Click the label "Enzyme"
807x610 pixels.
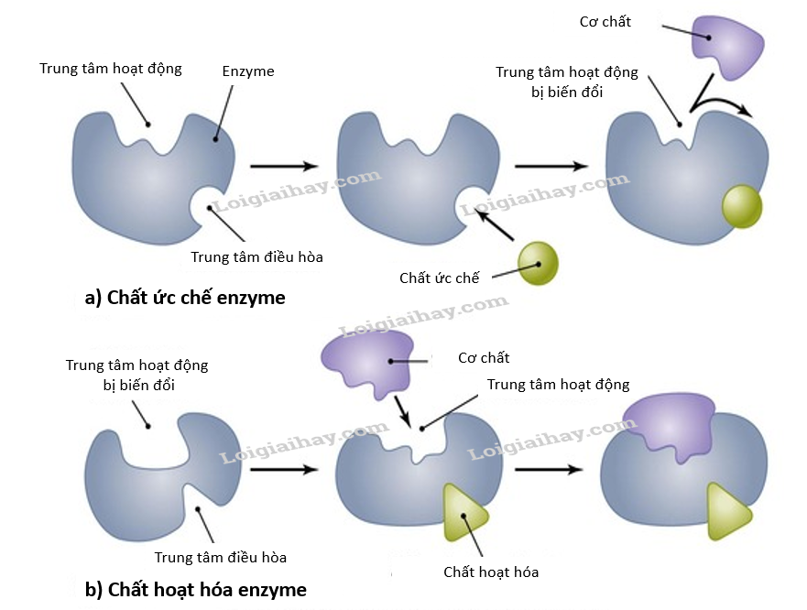point(247,71)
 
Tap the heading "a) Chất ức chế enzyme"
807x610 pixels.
point(184,298)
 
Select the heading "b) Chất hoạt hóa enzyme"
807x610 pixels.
point(195,589)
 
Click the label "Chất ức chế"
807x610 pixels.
point(439,278)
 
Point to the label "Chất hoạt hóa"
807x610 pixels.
point(491,572)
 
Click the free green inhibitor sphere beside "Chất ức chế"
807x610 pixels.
point(538,264)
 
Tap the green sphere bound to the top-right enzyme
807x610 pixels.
point(741,205)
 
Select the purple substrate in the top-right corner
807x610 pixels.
point(726,44)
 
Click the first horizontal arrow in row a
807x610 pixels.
point(284,166)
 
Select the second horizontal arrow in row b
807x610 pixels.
point(548,470)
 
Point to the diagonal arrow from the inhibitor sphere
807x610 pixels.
point(494,226)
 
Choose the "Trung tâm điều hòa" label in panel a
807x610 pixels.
point(256,256)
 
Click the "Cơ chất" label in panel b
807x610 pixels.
point(484,357)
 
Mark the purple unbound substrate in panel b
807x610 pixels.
point(375,362)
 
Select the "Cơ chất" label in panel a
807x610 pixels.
point(605,21)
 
